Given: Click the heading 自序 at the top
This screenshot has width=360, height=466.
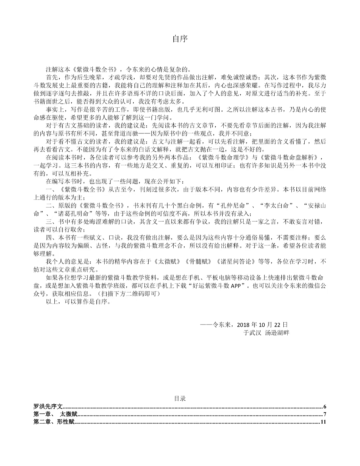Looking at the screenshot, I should [x=180, y=39].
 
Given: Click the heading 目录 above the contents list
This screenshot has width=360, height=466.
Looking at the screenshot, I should [x=180, y=398].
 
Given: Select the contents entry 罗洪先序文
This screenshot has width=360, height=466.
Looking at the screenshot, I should [x=48, y=407].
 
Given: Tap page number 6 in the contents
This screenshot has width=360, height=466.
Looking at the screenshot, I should [x=324, y=407].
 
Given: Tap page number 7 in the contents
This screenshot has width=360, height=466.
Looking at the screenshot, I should [x=324, y=415].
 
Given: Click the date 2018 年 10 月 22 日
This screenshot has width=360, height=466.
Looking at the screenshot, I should [x=263, y=325].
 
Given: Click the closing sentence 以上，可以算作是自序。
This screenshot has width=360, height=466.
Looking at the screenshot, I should [x=78, y=302].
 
